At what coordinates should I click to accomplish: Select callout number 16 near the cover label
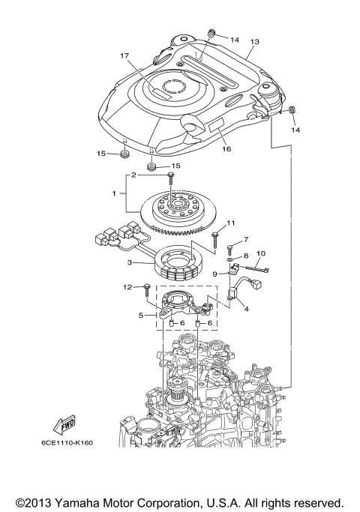pos(226,149)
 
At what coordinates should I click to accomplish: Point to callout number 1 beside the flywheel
pos(115,193)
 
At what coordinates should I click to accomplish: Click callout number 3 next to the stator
pos(130,262)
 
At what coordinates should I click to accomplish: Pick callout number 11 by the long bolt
pos(231,223)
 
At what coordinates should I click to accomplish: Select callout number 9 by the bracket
pos(214,274)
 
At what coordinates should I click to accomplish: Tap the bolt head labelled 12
pos(146,286)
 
